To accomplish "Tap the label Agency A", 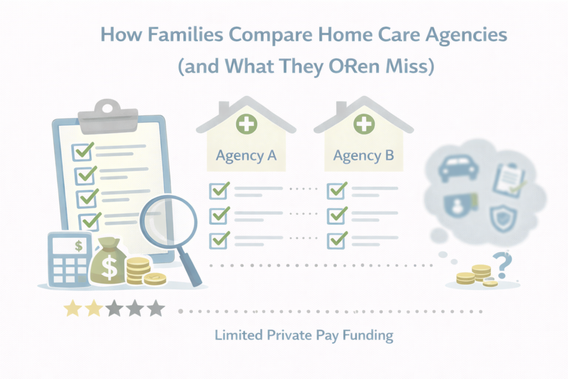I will click(246, 155).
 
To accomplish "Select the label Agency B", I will click(363, 155).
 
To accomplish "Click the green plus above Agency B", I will click(363, 123).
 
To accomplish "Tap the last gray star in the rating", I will click(156, 309).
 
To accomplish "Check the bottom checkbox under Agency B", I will click(336, 240).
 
